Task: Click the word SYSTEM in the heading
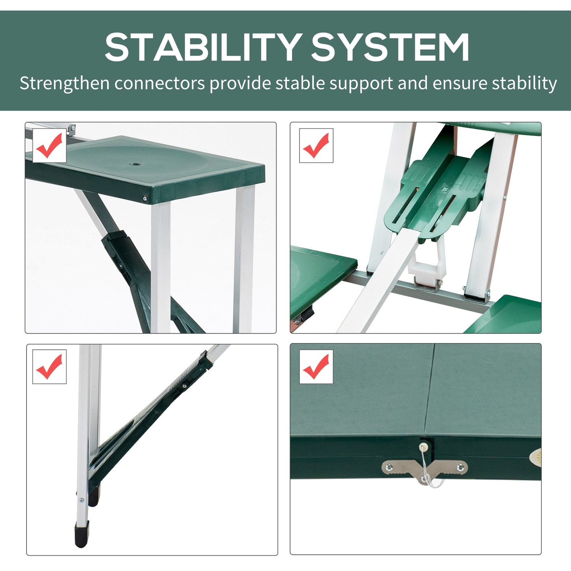coord(390,47)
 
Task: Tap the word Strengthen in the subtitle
coord(64,83)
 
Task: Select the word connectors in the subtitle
coord(160,83)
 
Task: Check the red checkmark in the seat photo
coord(49,145)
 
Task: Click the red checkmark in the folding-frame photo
coord(316,145)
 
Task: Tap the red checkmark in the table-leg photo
coord(49,367)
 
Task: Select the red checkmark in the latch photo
coord(316,367)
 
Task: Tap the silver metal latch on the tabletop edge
coord(424,470)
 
